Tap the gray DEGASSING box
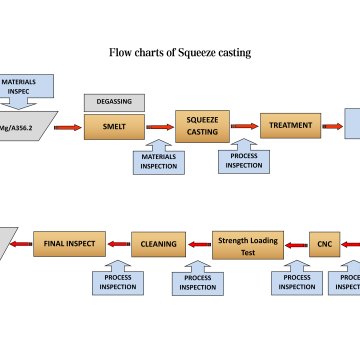pos(114,102)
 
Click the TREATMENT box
pos(290,126)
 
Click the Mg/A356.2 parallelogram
pos(26,127)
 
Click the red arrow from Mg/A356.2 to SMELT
pos(67,127)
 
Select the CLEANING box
pos(158,241)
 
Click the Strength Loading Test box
pos(244,241)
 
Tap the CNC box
pos(323,241)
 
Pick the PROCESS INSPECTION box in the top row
pos(244,159)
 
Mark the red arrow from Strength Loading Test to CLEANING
pos(199,241)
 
